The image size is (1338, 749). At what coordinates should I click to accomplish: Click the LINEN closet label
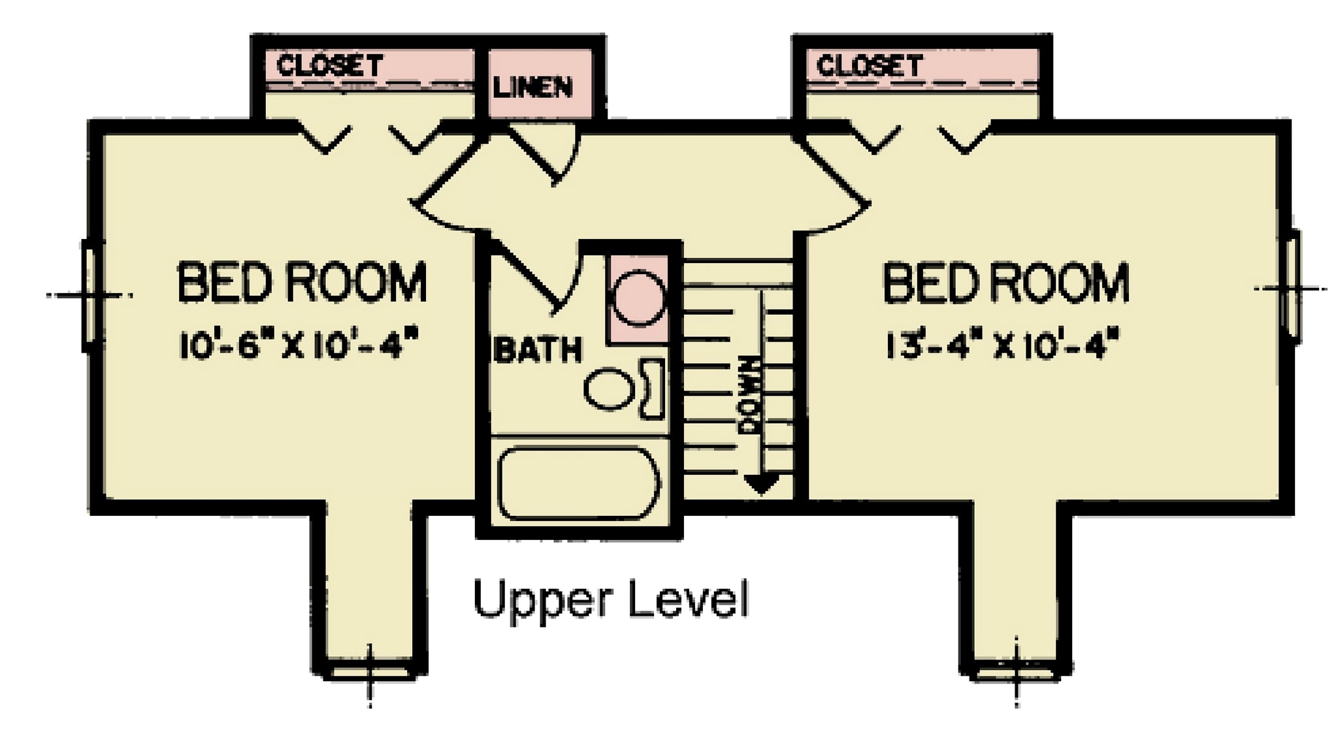tap(532, 86)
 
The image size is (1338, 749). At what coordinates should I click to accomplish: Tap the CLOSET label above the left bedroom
tap(330, 66)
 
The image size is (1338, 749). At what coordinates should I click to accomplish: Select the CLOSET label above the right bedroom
tap(869, 66)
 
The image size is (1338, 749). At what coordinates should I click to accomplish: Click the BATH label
tap(537, 350)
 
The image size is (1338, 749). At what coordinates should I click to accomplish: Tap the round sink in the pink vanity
tap(638, 300)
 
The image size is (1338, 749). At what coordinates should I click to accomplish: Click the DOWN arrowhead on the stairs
tap(762, 484)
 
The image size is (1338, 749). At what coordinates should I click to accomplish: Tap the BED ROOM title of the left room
tap(302, 281)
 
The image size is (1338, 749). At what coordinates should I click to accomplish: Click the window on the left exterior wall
tap(89, 295)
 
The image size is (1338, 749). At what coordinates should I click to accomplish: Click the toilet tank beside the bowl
tap(653, 389)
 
